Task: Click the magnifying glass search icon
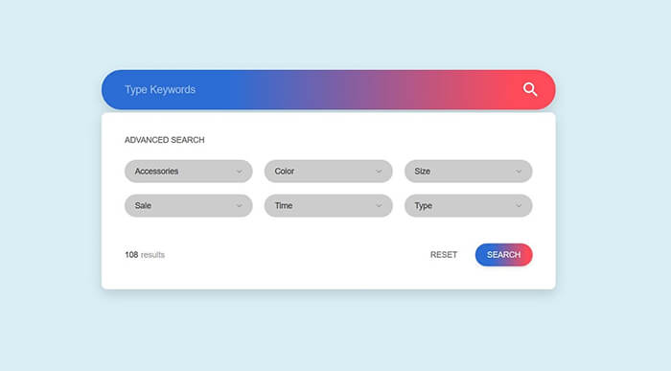pos(530,90)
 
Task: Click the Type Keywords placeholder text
pos(159,90)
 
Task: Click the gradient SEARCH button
pos(503,255)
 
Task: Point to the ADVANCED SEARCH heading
pos(164,140)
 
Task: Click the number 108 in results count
pos(131,255)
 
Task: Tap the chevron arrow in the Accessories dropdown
pos(239,173)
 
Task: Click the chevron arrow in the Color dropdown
pos(379,173)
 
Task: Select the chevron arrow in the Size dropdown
pos(519,173)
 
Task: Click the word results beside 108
pos(152,255)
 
